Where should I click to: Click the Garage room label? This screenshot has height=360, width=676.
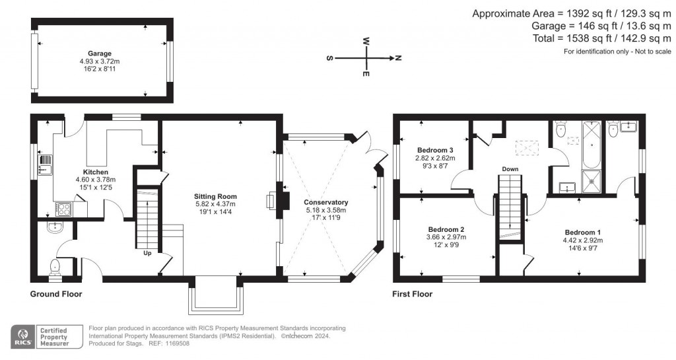coord(100,54)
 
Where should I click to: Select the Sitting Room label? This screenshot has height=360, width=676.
coord(215,197)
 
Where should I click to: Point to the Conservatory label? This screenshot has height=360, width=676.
coord(325,202)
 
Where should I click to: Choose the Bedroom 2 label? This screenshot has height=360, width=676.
coord(446,229)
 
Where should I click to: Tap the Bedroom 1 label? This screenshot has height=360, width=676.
coord(582,232)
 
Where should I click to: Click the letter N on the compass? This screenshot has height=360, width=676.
coord(399,58)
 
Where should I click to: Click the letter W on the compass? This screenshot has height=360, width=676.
coord(366,40)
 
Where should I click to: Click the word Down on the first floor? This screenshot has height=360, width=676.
coord(510,169)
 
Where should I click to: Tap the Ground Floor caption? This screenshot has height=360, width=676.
coord(56,294)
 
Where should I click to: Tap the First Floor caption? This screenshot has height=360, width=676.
coord(413,294)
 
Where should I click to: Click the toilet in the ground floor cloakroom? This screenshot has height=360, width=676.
coord(55,267)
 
